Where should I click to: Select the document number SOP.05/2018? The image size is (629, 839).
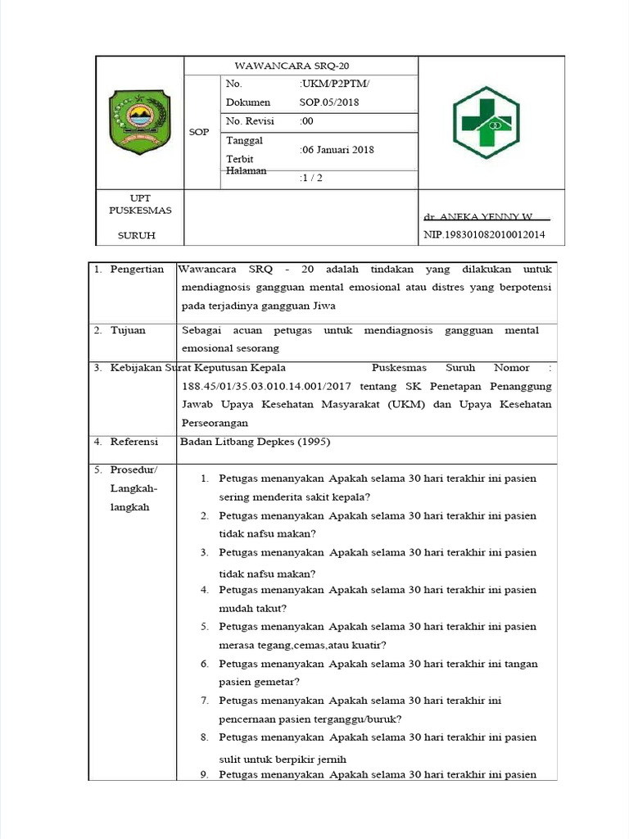tap(329, 102)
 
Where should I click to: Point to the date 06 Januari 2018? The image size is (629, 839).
tap(338, 150)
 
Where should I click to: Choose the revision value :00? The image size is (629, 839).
tap(307, 121)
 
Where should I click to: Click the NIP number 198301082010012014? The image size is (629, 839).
tap(483, 235)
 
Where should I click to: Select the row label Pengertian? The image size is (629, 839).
tap(137, 270)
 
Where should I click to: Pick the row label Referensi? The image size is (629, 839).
tap(134, 442)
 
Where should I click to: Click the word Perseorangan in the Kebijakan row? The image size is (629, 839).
tap(214, 423)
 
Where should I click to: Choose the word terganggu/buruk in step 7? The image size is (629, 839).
tap(358, 719)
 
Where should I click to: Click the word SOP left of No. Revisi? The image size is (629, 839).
tap(199, 131)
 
